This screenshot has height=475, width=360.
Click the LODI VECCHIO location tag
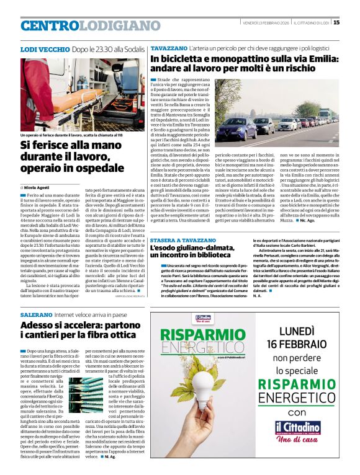[38, 48]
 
